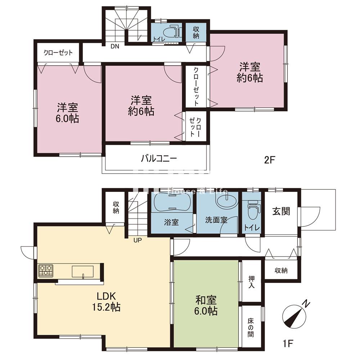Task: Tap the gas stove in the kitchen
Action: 46,270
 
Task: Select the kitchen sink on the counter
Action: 83,271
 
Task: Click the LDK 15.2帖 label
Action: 105,301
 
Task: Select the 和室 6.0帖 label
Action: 206,305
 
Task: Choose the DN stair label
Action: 115,46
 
